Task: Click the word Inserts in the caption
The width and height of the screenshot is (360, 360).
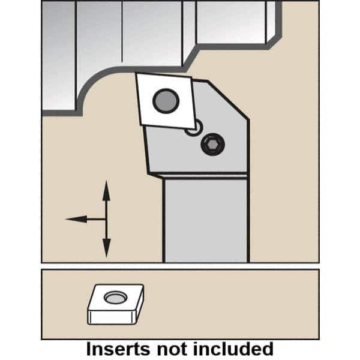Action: (118, 349)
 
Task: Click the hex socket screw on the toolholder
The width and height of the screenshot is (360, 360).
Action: (212, 145)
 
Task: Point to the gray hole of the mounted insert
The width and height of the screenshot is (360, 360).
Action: (166, 101)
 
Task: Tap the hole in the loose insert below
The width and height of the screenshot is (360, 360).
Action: (115, 298)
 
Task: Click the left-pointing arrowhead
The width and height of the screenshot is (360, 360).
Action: (76, 219)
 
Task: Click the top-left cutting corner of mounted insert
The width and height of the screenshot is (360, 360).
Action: (136, 73)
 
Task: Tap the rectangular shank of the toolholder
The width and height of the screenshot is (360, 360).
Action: (206, 220)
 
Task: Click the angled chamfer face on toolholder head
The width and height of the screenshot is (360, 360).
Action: (228, 100)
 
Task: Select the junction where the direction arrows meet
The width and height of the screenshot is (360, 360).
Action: (106, 219)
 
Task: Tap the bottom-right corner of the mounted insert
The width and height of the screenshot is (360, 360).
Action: (196, 129)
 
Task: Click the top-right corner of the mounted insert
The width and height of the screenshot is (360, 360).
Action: (191, 77)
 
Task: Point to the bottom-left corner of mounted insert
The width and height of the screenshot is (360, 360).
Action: (142, 125)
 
